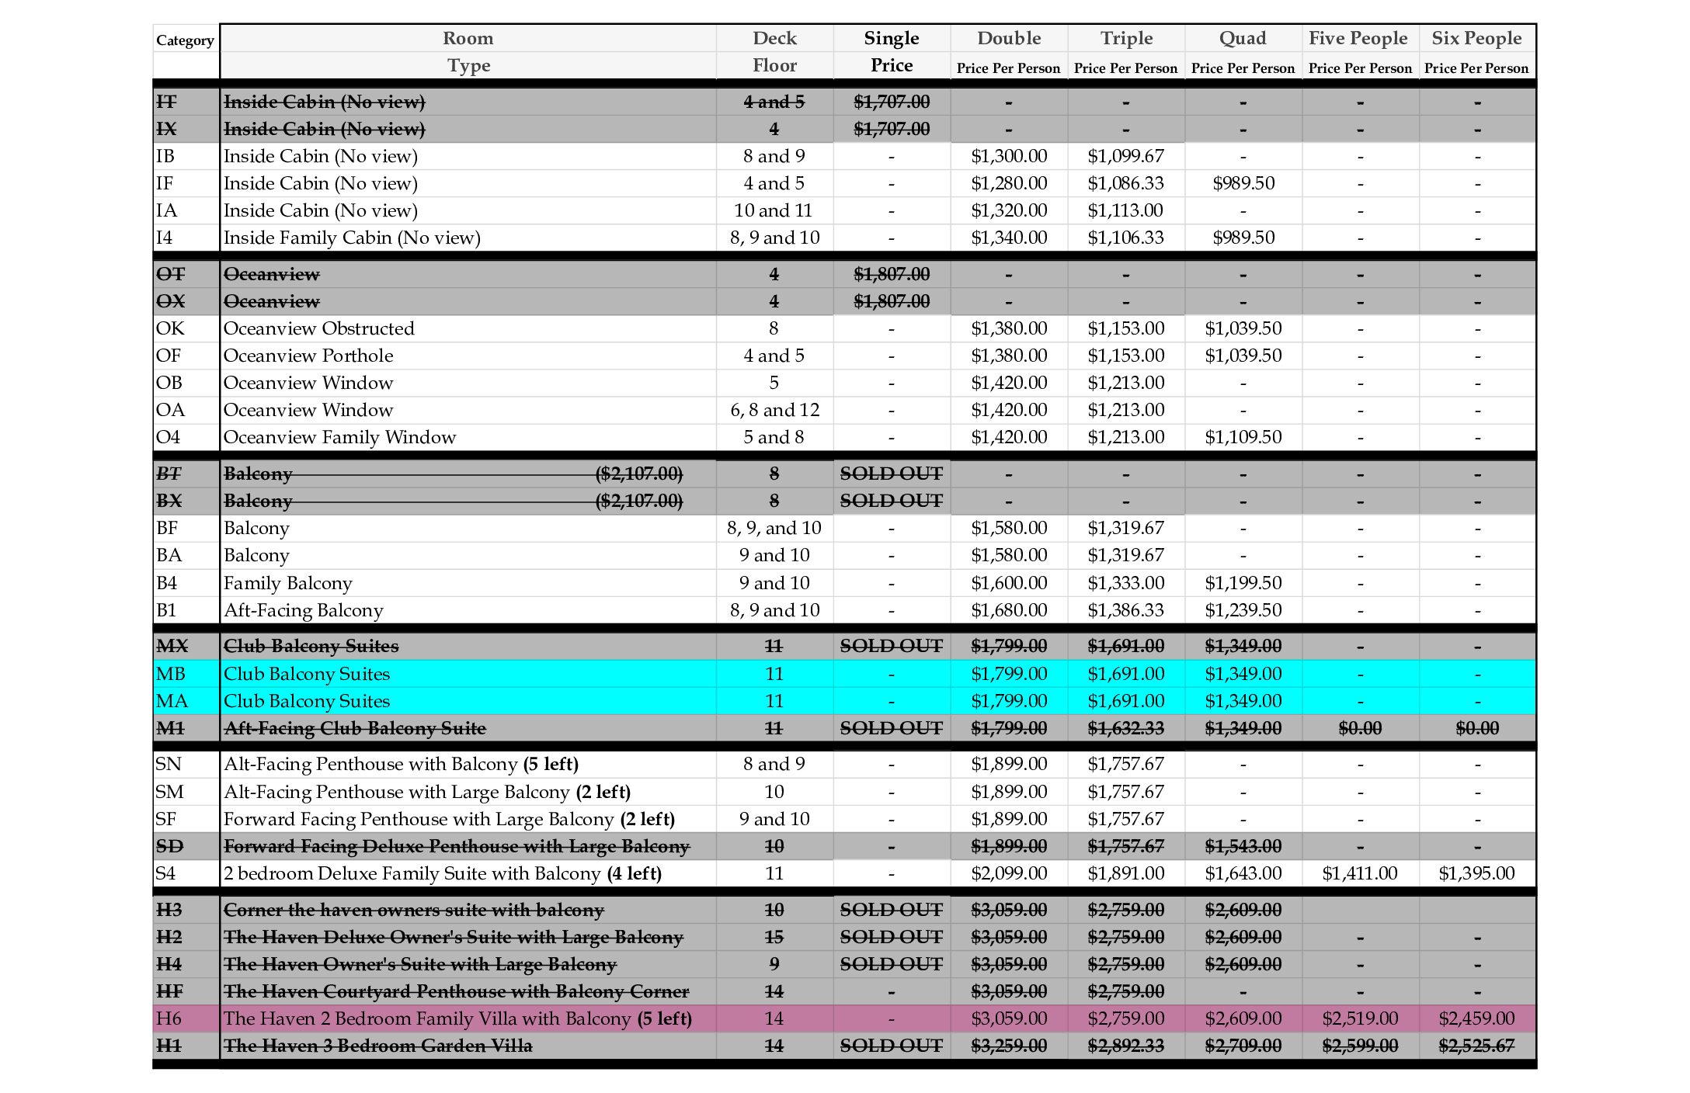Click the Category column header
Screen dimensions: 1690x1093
point(185,40)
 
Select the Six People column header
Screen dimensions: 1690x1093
point(1476,38)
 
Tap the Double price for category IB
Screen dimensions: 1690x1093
point(1009,156)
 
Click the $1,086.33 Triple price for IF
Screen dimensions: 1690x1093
point(1125,183)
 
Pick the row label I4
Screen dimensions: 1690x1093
point(165,238)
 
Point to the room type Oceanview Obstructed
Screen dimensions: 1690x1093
point(318,328)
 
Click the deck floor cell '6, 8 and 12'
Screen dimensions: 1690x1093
point(774,410)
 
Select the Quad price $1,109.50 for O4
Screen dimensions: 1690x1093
point(1243,437)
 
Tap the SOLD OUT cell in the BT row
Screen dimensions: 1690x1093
point(891,474)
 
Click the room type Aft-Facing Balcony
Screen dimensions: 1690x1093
point(303,610)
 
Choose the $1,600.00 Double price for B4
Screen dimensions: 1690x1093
point(1009,583)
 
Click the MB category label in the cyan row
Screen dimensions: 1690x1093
point(171,674)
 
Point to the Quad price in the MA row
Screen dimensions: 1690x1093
point(1243,701)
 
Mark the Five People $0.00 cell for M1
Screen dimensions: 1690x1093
point(1360,728)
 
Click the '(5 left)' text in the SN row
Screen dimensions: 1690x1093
point(551,764)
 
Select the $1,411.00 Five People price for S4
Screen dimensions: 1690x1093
point(1360,873)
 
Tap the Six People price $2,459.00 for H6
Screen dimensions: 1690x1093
point(1476,1018)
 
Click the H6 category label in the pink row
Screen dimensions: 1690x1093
point(169,1018)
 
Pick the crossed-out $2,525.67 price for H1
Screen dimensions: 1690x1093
point(1476,1046)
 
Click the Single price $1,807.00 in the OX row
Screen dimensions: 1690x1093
point(891,301)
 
